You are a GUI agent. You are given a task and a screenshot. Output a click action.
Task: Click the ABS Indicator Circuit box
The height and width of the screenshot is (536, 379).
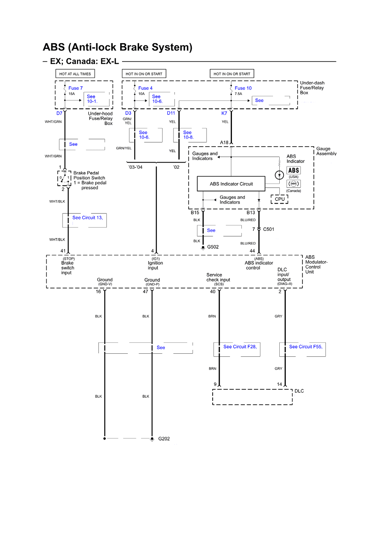pos(231,184)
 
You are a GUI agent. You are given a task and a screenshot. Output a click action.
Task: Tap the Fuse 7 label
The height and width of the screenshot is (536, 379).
pos(75,88)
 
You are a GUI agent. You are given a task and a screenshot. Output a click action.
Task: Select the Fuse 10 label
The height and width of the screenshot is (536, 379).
pos(243,88)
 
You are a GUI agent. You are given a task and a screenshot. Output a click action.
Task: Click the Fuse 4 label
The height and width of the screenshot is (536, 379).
pos(145,88)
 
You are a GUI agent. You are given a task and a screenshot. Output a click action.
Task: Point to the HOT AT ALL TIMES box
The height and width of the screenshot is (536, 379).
pos(75,74)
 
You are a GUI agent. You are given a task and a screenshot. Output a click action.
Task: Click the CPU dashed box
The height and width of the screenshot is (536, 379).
pos(280,199)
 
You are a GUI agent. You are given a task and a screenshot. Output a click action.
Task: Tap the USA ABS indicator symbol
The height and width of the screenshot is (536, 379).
pos(294,171)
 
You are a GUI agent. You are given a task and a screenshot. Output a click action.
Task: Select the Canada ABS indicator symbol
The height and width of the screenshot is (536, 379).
pos(294,183)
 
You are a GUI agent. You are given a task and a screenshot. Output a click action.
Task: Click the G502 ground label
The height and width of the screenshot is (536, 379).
pos(213,247)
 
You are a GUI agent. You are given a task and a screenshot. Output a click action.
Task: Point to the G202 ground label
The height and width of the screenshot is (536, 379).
pos(164,439)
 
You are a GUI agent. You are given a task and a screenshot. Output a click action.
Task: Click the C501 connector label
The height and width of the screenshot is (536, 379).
pos(268,229)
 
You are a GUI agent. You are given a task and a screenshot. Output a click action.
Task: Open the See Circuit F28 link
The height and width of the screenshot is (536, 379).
pos(240,346)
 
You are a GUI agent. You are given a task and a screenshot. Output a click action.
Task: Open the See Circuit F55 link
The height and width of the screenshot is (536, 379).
pos(305,346)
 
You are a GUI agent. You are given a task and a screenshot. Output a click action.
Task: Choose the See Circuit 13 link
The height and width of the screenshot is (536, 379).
pos(88,218)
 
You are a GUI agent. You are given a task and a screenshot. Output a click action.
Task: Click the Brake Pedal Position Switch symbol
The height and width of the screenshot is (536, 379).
pos(64,178)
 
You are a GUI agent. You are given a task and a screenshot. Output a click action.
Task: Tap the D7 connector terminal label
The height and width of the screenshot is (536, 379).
pos(60,113)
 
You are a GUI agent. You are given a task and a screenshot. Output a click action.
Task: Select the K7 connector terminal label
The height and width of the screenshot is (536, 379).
pos(224,113)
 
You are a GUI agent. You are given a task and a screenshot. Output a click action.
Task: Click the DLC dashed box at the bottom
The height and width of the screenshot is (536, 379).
pos(252,397)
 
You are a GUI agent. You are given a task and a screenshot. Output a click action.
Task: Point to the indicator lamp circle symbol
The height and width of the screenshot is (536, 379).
pos(279,175)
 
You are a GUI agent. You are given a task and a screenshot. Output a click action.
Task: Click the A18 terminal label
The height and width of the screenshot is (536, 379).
pos(224,143)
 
